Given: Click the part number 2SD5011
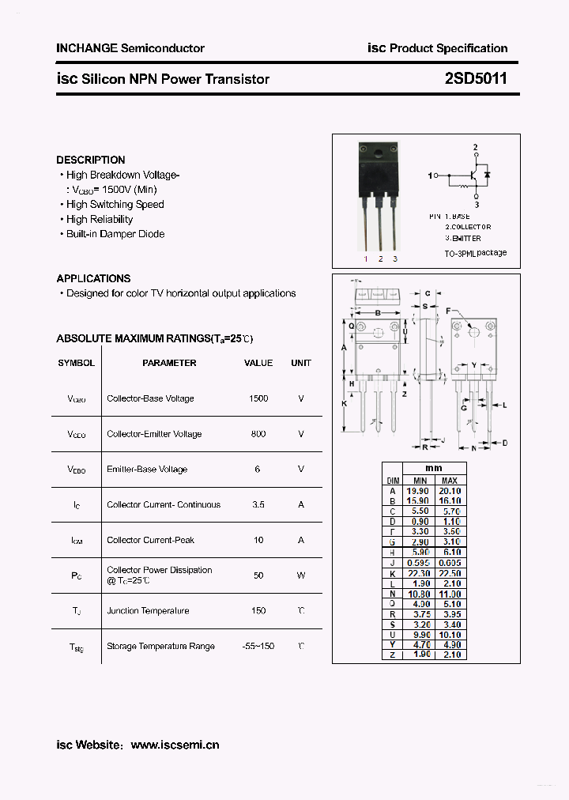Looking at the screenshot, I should [x=475, y=79].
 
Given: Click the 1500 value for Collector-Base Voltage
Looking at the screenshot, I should [x=258, y=398].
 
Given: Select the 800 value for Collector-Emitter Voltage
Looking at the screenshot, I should [x=258, y=434].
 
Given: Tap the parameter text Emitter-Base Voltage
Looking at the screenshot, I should [x=147, y=470].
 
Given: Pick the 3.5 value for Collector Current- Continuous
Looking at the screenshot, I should [x=258, y=504].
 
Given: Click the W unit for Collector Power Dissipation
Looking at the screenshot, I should [x=301, y=575].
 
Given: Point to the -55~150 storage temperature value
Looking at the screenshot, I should [x=258, y=646].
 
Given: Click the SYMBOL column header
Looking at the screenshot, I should [x=76, y=363].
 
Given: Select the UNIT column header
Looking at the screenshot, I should [x=301, y=363].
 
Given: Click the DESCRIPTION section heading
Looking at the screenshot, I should [x=90, y=160].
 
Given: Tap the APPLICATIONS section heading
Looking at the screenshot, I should [x=93, y=278].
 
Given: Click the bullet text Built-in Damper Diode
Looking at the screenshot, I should [x=115, y=234].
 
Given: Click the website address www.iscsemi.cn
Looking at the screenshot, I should [x=175, y=745].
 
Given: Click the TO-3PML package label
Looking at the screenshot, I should [x=475, y=253].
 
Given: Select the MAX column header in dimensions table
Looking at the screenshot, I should [x=450, y=481].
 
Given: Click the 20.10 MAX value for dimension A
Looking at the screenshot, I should [x=450, y=491].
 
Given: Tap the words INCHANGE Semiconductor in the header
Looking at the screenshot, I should [x=130, y=48].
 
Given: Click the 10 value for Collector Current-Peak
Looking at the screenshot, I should [x=258, y=540].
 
